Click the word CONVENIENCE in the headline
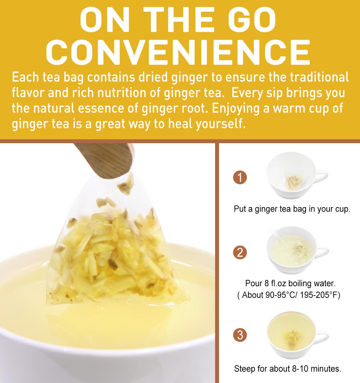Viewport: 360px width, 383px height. [x=178, y=53]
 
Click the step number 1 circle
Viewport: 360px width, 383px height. [x=240, y=177]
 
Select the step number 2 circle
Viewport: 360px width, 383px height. [x=240, y=252]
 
